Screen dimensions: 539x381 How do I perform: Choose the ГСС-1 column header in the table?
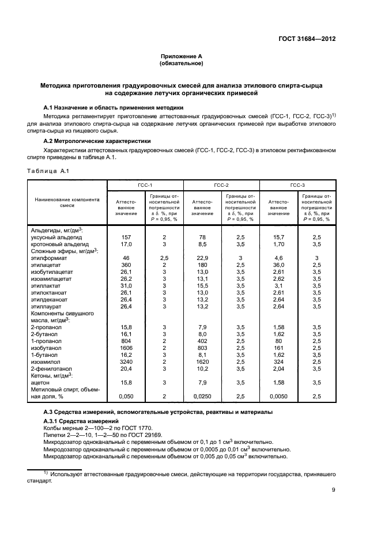[x=145, y=185]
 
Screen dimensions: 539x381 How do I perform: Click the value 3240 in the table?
[x=125, y=361]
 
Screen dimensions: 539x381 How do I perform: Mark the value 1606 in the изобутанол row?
[x=125, y=347]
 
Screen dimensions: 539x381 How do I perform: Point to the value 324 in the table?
[x=278, y=361]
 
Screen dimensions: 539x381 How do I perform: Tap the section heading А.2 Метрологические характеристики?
[x=97, y=140]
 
